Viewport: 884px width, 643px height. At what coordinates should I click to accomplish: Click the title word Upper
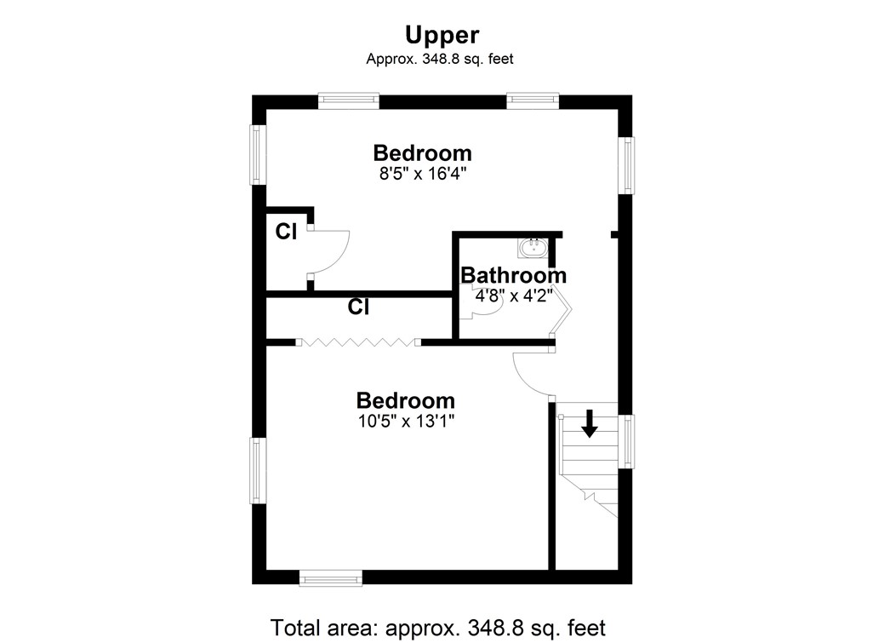(442, 34)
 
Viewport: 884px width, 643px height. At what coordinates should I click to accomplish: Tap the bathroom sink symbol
(533, 248)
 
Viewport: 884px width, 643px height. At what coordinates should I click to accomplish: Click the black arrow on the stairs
(588, 423)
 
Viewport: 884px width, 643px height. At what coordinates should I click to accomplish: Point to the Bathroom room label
(513, 275)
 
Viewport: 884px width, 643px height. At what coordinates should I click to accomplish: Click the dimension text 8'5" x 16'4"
(422, 173)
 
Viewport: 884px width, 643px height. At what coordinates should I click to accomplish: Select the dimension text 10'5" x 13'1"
(406, 420)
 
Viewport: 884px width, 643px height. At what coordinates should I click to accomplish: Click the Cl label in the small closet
(286, 232)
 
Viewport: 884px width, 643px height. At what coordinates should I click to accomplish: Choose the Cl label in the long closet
(358, 307)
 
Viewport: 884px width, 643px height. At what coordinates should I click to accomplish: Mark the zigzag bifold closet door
(358, 342)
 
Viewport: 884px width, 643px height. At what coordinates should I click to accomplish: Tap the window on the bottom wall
(331, 579)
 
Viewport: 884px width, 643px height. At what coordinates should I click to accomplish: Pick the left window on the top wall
(348, 100)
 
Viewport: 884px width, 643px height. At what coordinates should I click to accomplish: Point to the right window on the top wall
(533, 100)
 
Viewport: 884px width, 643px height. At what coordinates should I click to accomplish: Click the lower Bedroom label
(406, 400)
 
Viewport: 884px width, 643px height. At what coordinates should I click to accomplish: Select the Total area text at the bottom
(438, 628)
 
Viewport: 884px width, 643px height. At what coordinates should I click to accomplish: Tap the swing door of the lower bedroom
(531, 373)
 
